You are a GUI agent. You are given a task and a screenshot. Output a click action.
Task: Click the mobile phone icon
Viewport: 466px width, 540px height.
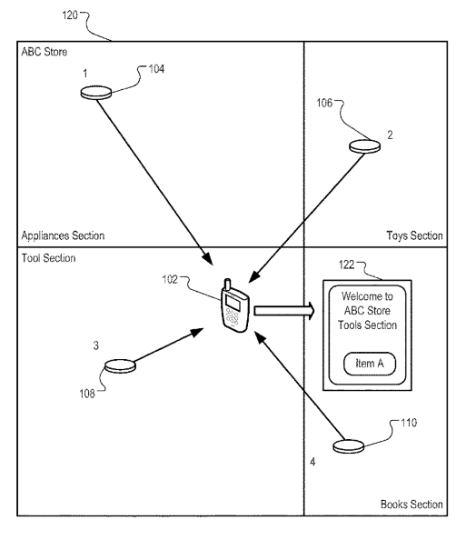coord(234,306)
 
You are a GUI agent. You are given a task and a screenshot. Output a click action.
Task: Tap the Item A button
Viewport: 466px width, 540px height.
coord(370,364)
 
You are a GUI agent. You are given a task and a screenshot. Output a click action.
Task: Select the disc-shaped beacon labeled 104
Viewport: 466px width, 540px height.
coord(96,93)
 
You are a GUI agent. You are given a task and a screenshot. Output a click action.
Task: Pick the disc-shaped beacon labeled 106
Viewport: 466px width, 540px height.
coord(365,146)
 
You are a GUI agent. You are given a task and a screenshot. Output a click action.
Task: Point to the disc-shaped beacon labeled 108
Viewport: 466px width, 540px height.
coord(120,366)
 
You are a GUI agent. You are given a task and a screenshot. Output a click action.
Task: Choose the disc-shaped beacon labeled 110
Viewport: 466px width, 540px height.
coord(349,446)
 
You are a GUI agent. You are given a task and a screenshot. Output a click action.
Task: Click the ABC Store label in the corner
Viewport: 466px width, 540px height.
coord(44,52)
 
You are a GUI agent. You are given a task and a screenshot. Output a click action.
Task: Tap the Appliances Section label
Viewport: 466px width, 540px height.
coord(63,235)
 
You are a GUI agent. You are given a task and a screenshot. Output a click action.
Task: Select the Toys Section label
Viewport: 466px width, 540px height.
coord(414,235)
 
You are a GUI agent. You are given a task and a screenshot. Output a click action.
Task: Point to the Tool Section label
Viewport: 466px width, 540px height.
coord(48,258)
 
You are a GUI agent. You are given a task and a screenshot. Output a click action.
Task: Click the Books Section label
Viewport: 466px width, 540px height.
coord(411,505)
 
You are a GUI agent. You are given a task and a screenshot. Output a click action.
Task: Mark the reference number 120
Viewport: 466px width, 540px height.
coord(70,15)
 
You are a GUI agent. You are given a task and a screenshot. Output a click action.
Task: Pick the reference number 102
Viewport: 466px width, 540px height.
coord(170,279)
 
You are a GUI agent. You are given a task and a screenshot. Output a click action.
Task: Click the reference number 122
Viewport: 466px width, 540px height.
coord(347,265)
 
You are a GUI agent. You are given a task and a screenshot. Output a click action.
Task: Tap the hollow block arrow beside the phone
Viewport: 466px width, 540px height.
coord(284,311)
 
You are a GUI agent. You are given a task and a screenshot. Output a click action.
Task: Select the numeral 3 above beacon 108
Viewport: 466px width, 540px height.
coord(96,345)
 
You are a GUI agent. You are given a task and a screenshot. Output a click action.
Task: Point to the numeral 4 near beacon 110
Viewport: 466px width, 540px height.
coord(312,462)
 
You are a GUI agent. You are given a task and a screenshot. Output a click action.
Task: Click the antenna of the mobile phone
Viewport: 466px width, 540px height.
coord(227,285)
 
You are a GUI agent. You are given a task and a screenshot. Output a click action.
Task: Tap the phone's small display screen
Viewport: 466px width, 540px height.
coord(233,303)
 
